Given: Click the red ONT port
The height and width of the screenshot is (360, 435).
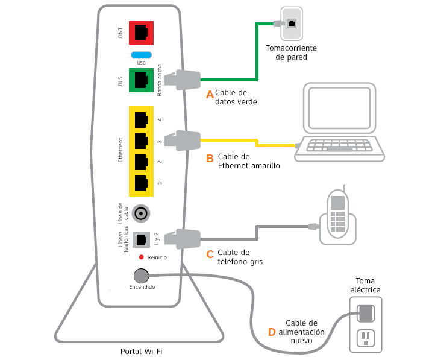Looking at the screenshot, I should tap(141, 33).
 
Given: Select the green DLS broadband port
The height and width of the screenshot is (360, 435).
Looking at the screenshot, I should tap(141, 80).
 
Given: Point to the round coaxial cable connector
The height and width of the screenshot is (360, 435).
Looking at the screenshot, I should tap(141, 213).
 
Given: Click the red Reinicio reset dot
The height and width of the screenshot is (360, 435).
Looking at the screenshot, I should tap(140, 257).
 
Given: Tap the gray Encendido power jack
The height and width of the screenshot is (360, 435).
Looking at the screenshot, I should tap(141, 276).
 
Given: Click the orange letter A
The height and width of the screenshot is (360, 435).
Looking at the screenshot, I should tap(210, 95).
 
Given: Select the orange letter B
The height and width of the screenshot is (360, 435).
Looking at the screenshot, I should tap(210, 159).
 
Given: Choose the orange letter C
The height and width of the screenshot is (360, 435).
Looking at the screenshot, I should tap(210, 254).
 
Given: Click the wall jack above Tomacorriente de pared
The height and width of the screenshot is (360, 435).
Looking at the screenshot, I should tap(292, 23).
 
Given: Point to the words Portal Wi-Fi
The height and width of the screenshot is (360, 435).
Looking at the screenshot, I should tap(142, 351).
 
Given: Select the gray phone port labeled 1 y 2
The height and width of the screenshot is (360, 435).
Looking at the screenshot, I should tap(141, 239).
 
